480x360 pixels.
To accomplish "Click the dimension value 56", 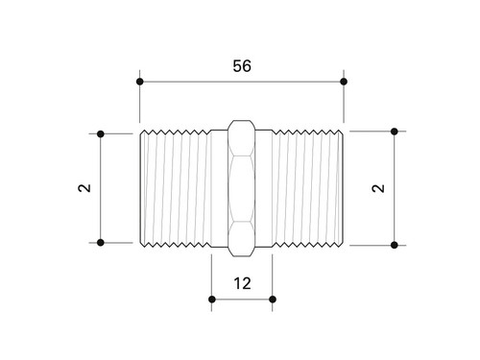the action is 242,66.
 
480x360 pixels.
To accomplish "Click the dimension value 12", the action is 242,283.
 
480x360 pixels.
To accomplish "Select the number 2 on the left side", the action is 84,188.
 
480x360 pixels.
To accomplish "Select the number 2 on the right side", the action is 378,188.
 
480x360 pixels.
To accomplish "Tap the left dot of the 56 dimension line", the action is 139,82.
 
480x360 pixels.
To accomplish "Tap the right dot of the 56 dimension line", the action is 344,82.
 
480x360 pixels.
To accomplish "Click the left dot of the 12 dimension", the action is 211,300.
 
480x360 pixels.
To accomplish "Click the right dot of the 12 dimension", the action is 273,300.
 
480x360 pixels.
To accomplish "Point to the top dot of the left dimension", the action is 101,133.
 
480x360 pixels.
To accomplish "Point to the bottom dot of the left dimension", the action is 101,243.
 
